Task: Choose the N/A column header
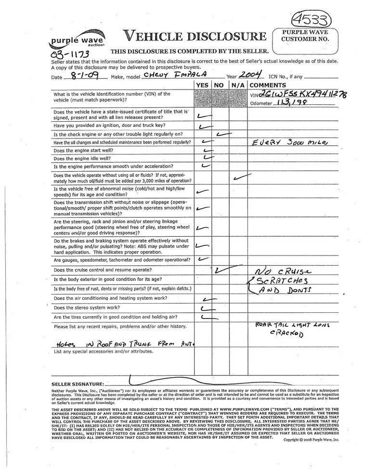(x=238, y=85)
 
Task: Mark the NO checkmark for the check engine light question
(x=223, y=134)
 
